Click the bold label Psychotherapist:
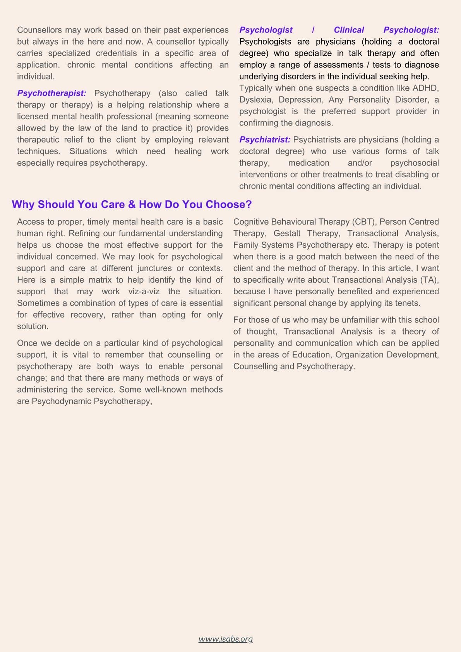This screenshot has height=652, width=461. pos(51,93)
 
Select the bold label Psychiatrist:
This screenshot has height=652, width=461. pos(265,140)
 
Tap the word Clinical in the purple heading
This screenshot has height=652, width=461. pos(349,30)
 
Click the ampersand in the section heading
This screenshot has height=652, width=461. pos(132,204)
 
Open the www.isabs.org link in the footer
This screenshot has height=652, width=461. pos(226,639)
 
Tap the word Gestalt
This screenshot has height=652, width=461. pos(287,233)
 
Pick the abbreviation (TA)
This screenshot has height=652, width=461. pos(428,280)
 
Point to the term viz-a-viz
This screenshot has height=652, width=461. pos(144,292)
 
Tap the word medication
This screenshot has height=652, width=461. pos(308,163)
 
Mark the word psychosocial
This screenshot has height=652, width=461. pos(414,163)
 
